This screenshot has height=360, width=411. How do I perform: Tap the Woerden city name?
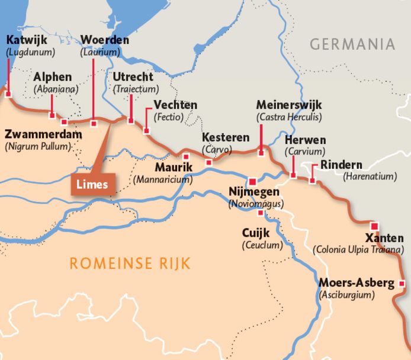(x=104, y=40)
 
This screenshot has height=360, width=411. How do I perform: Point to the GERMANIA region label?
(x=352, y=44)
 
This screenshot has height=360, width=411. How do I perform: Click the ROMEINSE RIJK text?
(x=130, y=263)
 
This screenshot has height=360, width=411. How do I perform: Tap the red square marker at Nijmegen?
(x=252, y=182)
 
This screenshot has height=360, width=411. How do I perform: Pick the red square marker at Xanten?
(x=374, y=226)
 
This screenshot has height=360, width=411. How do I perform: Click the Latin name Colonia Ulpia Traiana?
(x=358, y=249)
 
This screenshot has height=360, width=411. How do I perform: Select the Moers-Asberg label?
(x=356, y=283)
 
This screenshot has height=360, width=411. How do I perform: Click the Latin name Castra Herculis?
(x=288, y=117)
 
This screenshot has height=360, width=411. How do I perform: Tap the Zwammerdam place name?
(x=43, y=134)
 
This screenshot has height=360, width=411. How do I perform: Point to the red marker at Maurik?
(x=185, y=157)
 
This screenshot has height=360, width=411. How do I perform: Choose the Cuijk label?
(x=256, y=233)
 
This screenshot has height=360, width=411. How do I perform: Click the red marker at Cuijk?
(x=260, y=213)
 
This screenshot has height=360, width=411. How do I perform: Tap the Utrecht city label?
(x=133, y=77)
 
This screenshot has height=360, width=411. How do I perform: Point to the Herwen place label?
(x=305, y=140)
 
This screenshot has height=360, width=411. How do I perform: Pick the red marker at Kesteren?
(x=208, y=162)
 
